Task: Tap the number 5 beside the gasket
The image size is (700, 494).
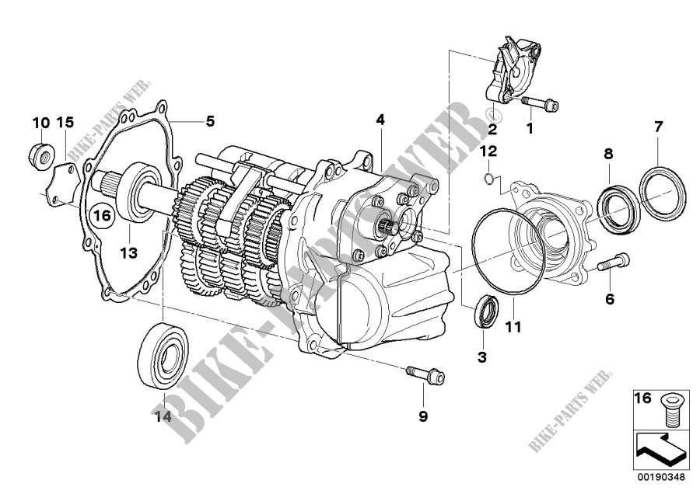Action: point(210,121)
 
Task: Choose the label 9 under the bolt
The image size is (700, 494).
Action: point(423,417)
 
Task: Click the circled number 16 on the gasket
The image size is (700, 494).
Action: point(102,214)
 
